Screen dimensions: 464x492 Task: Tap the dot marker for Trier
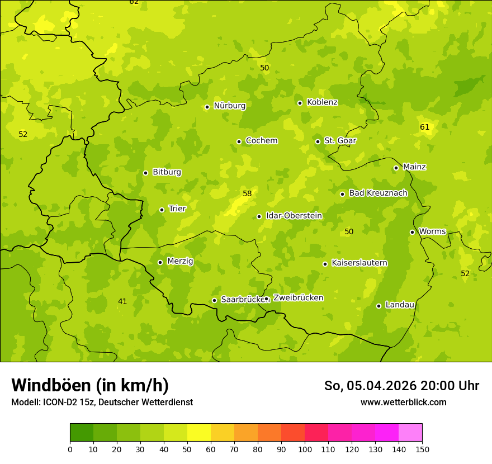click(162, 210)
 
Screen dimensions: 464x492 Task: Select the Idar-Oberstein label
click(294, 216)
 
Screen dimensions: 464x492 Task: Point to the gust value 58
click(247, 194)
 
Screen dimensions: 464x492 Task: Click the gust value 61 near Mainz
click(425, 127)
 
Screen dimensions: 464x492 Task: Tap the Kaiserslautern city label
click(359, 263)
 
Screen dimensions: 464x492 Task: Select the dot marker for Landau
click(379, 306)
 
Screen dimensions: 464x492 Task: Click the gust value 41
click(122, 302)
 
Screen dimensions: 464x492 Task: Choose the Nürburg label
click(229, 106)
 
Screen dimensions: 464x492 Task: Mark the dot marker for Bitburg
click(146, 173)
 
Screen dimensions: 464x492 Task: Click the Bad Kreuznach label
click(378, 193)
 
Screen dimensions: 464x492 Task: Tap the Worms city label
click(432, 231)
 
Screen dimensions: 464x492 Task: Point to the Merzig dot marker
click(160, 262)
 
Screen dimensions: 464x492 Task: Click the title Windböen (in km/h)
click(90, 385)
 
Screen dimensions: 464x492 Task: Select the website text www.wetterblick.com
click(404, 402)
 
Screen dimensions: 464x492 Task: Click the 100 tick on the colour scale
click(305, 449)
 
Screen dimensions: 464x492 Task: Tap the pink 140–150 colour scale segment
click(410, 433)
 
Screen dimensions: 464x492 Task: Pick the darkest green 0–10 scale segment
click(82, 433)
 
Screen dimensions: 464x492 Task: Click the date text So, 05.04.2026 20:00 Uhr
click(401, 386)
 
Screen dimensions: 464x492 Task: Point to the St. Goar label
click(340, 140)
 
